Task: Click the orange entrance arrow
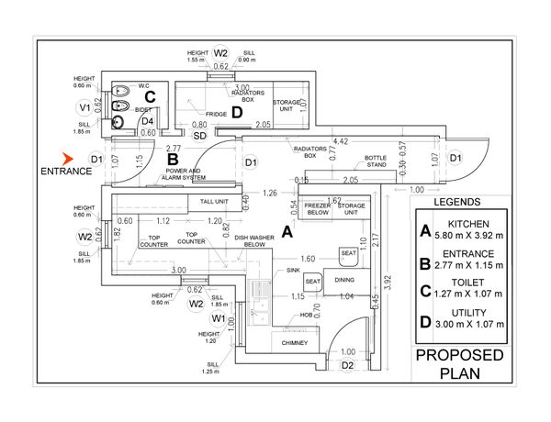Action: (66, 159)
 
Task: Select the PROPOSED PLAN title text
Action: (459, 364)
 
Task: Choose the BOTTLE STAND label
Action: (352, 161)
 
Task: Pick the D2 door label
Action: (347, 365)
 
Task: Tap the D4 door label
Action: (147, 119)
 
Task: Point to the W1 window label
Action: (219, 317)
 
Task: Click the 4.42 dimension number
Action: (341, 141)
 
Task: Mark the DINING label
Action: (344, 280)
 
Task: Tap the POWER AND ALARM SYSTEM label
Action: (185, 174)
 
